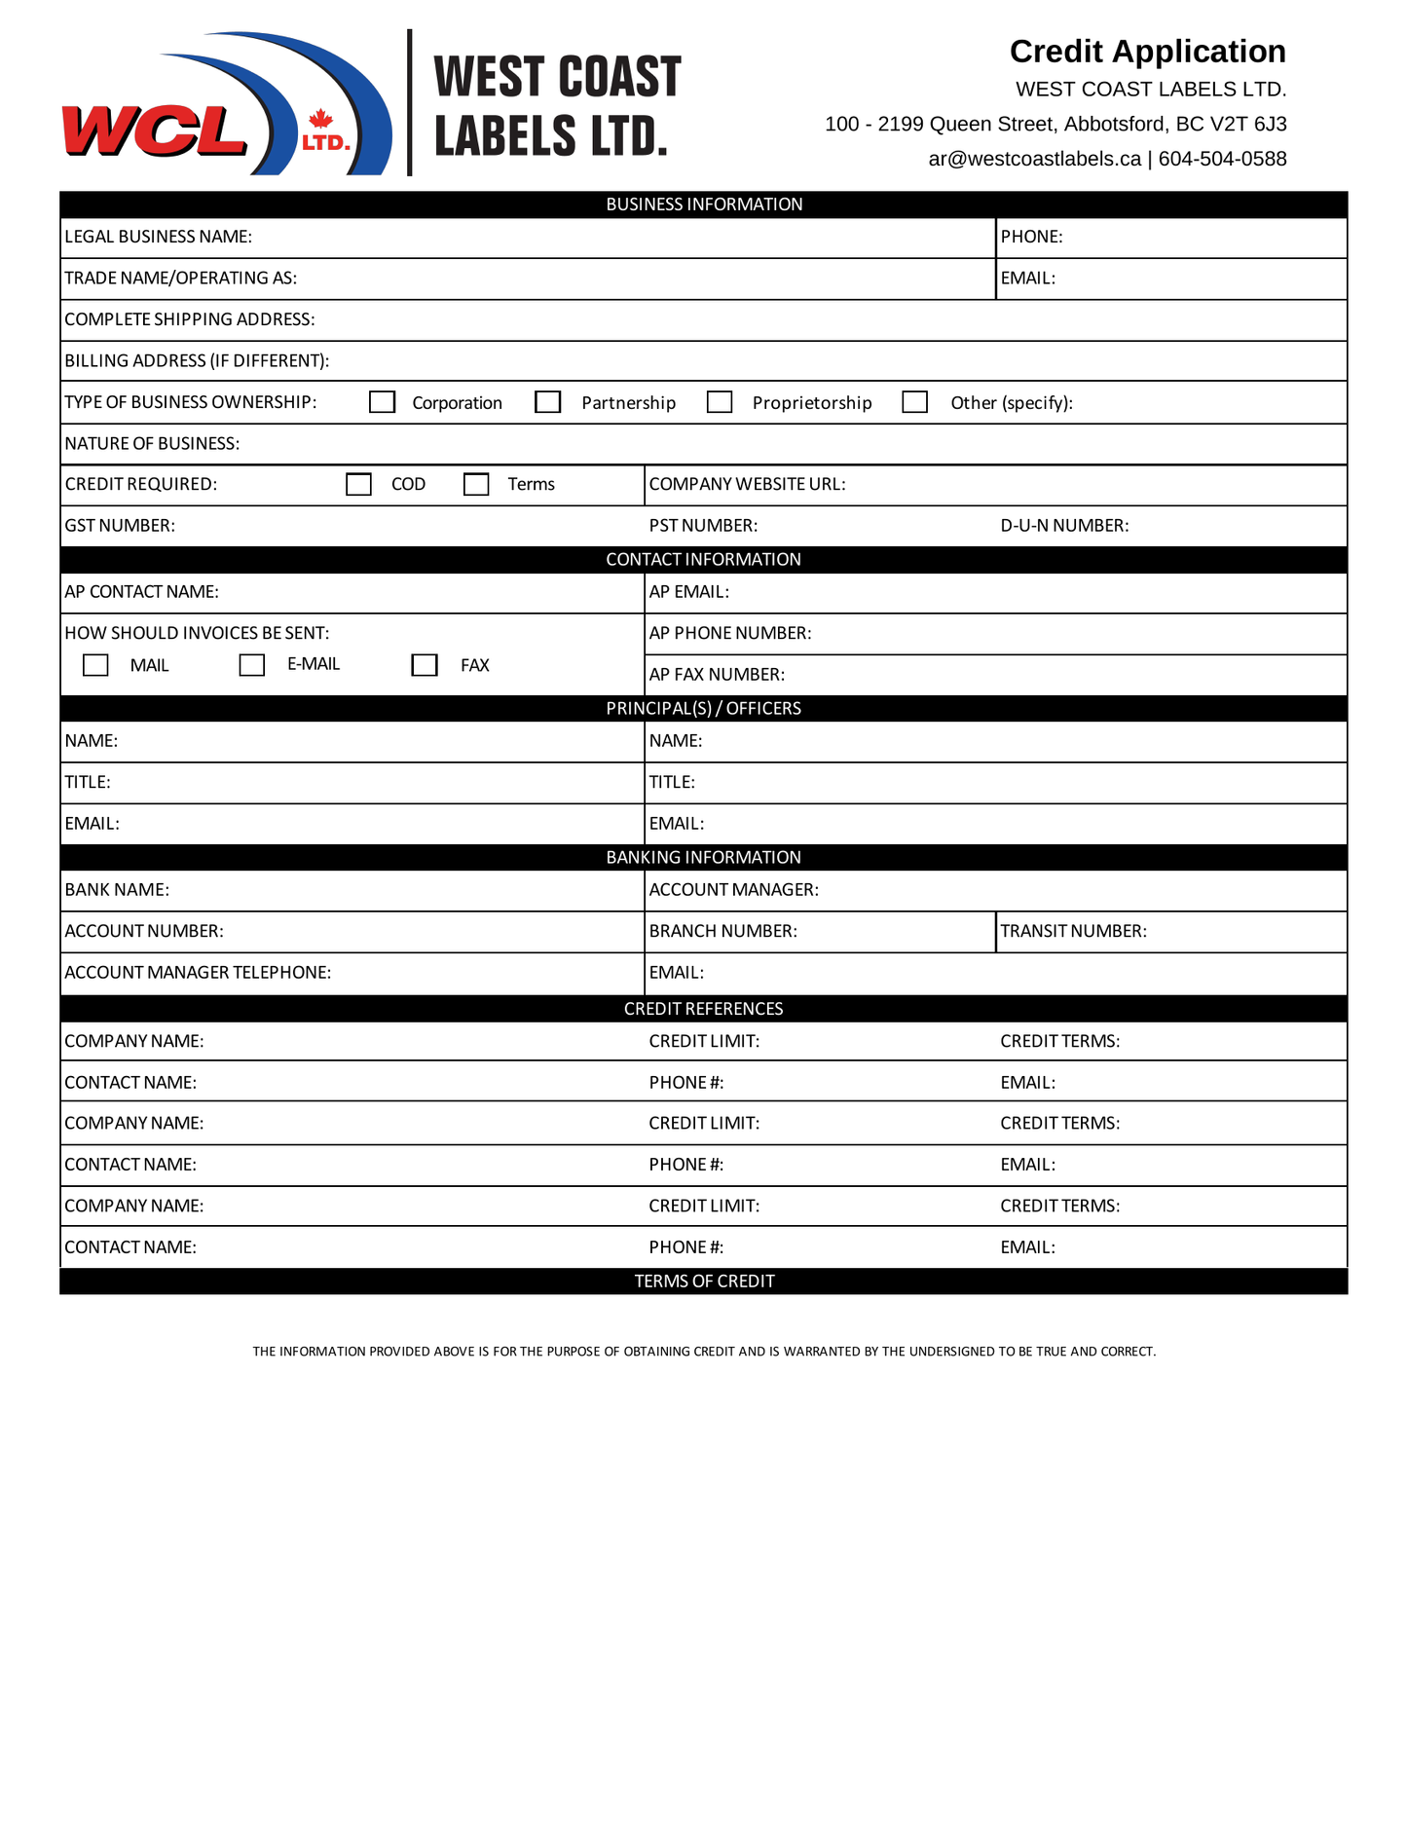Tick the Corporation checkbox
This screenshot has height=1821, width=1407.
382,402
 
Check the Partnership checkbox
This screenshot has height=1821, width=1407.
548,402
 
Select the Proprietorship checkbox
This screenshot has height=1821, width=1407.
720,402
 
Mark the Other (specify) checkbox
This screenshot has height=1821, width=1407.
914,402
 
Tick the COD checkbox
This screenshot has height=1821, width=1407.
358,484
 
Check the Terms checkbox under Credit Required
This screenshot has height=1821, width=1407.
476,484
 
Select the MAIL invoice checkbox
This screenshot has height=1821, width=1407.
95,665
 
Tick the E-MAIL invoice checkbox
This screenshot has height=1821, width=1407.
252,665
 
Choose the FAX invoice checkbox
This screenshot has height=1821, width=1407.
425,665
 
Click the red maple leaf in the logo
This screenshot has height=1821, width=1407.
320,119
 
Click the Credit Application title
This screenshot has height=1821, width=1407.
1147,52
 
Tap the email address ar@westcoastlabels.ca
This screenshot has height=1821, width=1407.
1034,159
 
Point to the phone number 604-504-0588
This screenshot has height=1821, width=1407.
1222,159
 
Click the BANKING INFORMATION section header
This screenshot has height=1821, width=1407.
703,857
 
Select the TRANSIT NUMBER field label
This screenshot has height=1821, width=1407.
1073,931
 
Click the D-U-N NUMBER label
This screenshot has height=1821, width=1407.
1064,526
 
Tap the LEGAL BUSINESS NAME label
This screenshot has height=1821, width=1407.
158,237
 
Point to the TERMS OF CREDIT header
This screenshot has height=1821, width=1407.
704,1281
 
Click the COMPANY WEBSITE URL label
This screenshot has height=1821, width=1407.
747,484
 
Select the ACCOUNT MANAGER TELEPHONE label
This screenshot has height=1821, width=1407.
198,972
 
